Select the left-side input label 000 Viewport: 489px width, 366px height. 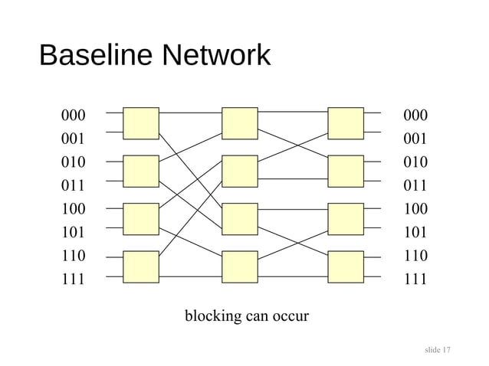click(x=73, y=116)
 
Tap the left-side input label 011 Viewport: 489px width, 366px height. click(x=73, y=185)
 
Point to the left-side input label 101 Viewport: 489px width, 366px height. click(x=73, y=232)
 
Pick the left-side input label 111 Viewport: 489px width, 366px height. click(x=73, y=279)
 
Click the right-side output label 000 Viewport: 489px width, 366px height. click(x=415, y=116)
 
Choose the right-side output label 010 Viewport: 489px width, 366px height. click(x=415, y=162)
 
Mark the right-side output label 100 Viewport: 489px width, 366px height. click(x=415, y=208)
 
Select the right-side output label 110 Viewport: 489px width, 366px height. click(x=415, y=255)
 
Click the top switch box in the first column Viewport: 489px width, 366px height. click(x=141, y=123)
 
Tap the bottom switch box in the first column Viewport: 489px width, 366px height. click(x=141, y=266)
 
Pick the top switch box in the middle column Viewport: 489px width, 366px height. click(x=239, y=123)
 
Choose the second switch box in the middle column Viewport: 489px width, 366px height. click(x=239, y=172)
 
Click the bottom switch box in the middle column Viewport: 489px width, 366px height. click(x=239, y=266)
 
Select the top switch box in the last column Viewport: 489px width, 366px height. click(x=345, y=123)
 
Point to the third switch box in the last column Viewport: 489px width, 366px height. click(x=345, y=219)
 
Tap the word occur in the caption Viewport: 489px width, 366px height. click(x=290, y=315)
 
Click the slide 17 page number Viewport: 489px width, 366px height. click(x=437, y=350)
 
